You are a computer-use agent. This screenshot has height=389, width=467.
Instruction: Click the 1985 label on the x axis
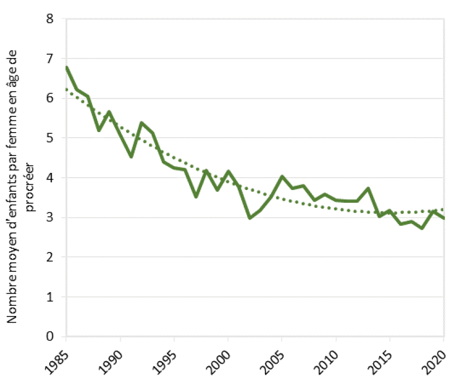click(57, 362)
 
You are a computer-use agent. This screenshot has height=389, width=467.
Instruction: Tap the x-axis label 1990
click(111, 362)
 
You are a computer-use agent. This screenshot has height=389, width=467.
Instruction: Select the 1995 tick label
click(165, 362)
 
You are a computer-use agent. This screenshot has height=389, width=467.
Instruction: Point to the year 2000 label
click(219, 362)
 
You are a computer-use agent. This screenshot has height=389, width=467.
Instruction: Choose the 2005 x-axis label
click(272, 362)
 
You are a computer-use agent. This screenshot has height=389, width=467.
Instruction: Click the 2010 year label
click(326, 362)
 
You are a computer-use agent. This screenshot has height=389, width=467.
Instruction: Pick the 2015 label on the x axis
click(381, 362)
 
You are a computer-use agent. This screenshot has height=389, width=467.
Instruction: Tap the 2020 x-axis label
click(434, 362)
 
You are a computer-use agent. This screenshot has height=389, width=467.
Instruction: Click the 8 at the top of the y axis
click(50, 19)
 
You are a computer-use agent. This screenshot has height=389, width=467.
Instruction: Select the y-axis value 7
click(50, 59)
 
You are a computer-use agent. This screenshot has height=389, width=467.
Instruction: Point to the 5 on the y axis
click(50, 138)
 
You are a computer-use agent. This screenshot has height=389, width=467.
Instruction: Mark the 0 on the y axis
click(50, 337)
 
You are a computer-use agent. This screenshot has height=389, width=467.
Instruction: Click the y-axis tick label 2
click(50, 257)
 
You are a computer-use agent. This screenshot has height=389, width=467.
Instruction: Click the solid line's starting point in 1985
click(66, 67)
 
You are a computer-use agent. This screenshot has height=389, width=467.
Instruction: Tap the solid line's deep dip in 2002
click(249, 218)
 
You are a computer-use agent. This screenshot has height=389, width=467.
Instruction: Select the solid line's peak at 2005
click(282, 177)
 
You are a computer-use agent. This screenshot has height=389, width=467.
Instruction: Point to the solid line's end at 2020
click(444, 218)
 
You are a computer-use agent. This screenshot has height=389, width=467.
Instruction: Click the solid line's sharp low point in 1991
click(131, 157)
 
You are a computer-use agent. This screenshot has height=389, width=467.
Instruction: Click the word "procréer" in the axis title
click(30, 187)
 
